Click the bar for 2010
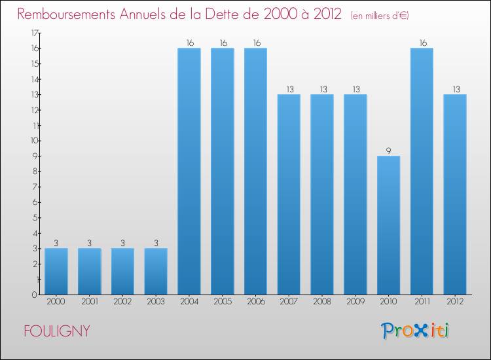[388, 225]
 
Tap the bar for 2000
[56, 272]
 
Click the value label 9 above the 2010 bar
[388, 151]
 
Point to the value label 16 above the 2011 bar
[422, 43]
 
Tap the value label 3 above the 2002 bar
[122, 243]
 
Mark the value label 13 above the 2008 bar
[322, 89]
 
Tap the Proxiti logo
[416, 331]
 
